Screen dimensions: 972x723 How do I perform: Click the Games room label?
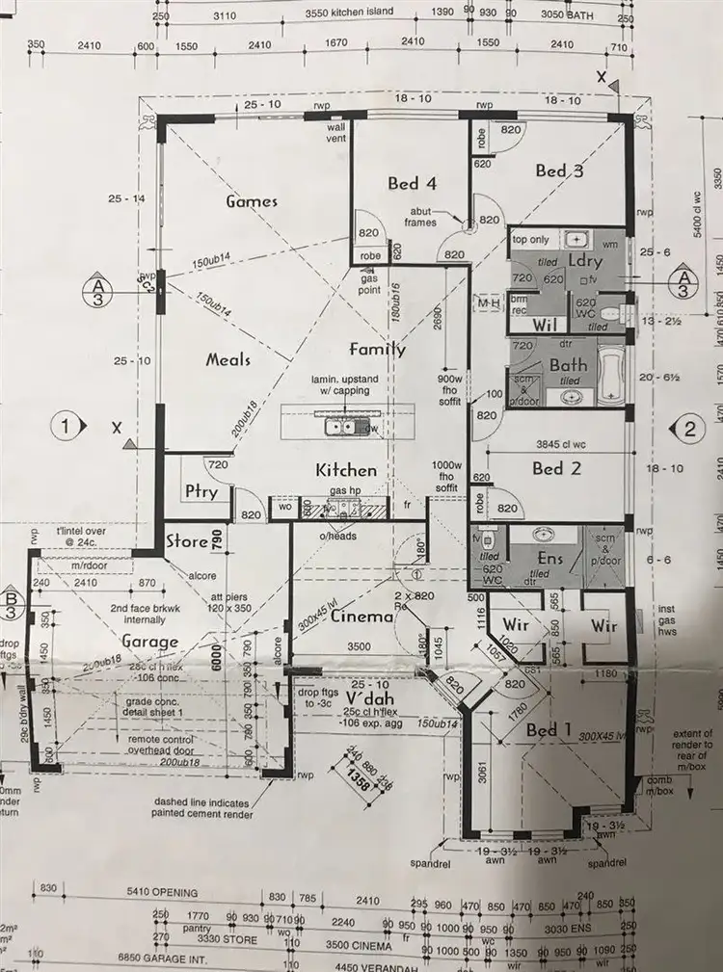252,201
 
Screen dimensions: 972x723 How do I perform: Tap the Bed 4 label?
413,183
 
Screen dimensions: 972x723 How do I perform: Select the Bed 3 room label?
559,171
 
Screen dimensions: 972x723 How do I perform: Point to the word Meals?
228,359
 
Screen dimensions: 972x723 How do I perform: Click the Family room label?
377,350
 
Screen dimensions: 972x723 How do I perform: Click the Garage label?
149,642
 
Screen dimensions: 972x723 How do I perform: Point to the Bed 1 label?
550,731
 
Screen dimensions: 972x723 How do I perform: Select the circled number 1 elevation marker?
66,424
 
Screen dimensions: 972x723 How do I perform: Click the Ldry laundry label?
584,261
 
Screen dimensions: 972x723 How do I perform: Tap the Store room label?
187,541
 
